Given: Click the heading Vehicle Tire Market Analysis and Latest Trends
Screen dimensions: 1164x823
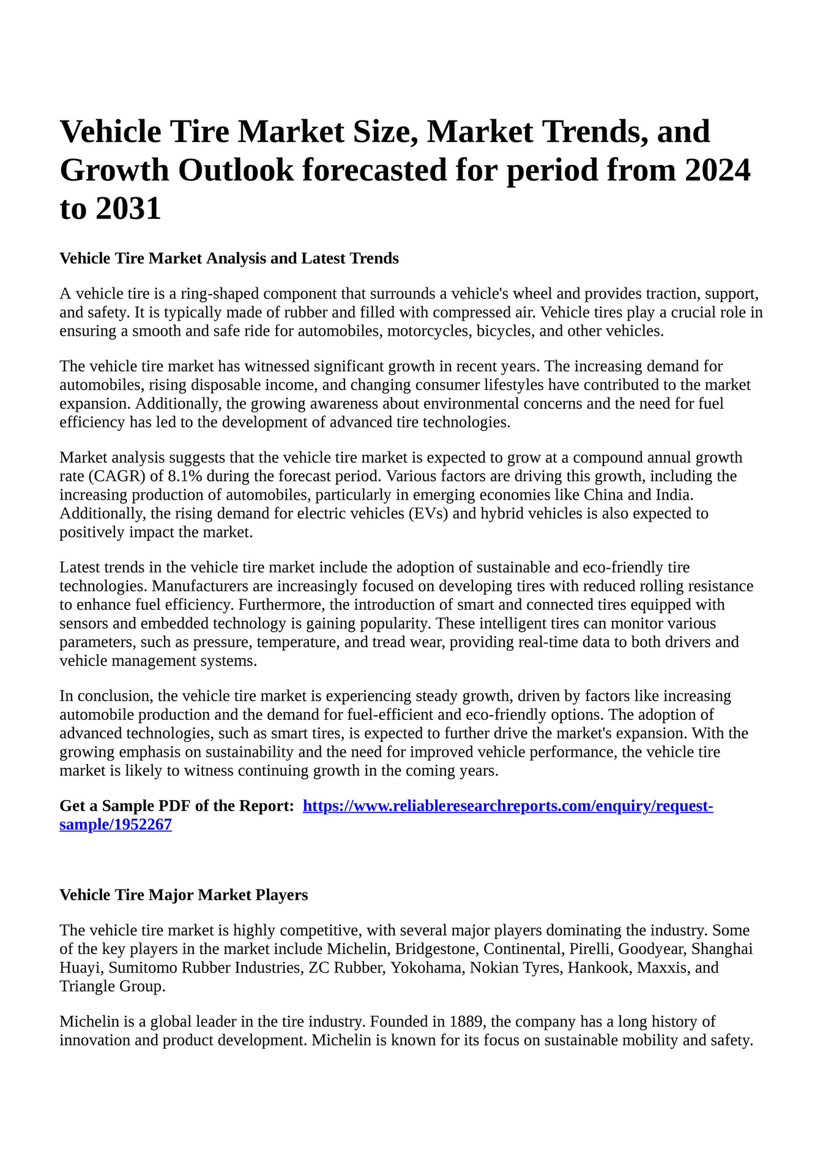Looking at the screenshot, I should coord(229,259).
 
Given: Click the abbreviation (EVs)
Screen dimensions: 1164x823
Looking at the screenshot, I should coord(428,514).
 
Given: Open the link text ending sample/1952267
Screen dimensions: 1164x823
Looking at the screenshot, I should coord(116,825).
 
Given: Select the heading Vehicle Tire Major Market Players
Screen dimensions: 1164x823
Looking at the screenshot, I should coord(184,895).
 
